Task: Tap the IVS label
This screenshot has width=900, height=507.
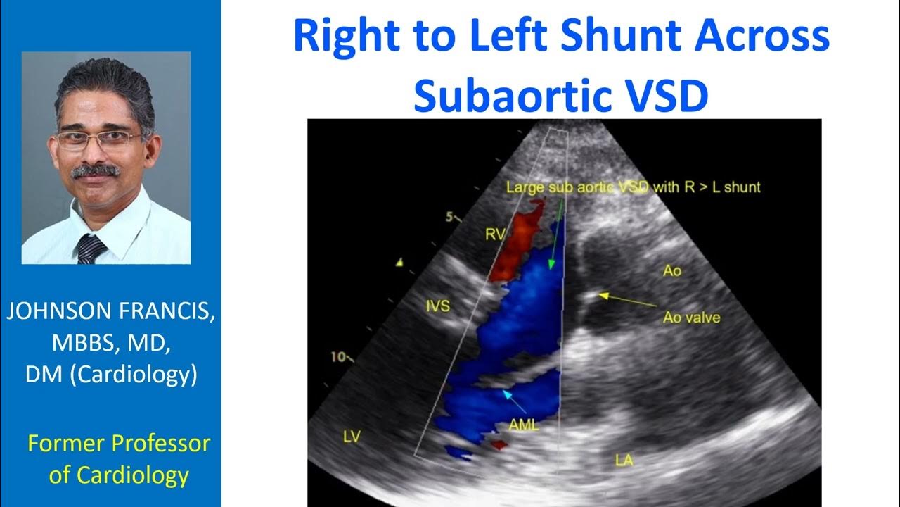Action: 438,305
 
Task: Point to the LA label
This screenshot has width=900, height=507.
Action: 623,461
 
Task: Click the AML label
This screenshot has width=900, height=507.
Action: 524,425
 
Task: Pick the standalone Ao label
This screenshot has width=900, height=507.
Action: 672,270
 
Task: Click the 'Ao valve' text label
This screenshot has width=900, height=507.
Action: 691,318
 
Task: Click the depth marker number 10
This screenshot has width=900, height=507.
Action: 339,357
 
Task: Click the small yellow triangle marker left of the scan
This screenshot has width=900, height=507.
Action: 399,263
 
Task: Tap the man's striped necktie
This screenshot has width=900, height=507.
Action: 91,248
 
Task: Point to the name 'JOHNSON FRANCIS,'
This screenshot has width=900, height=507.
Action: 111,313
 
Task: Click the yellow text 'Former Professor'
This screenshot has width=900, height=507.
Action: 119,444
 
